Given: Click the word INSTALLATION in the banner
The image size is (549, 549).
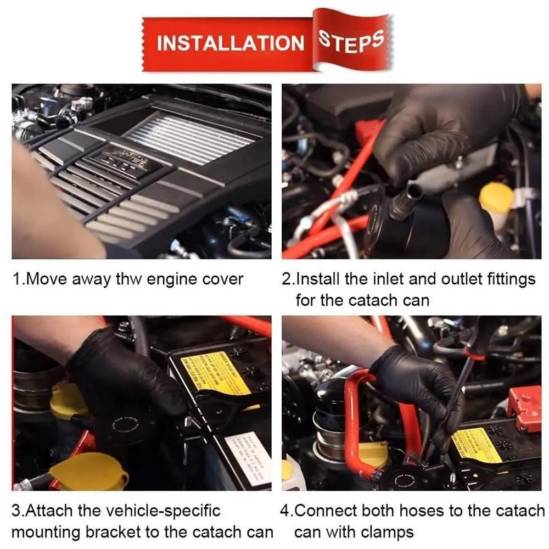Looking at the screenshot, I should (230, 43).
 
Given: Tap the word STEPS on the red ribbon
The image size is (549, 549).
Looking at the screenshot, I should (351, 41).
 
